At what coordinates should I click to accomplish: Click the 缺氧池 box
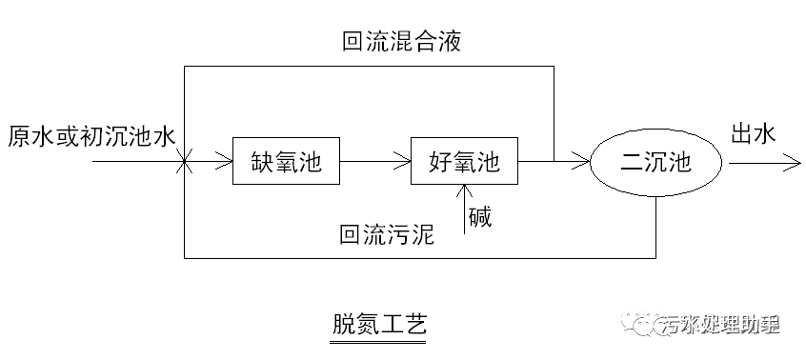point(286,162)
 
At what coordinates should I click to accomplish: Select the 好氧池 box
point(463,162)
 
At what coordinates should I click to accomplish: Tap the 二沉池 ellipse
point(655,163)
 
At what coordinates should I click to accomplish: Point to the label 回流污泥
point(387,233)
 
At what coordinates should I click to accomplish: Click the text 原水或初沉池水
point(90,135)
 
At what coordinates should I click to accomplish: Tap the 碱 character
point(479,218)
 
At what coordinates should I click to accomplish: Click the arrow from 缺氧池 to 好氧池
point(373,162)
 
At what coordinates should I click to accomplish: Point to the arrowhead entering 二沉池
point(583,162)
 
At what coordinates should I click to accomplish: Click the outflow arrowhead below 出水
point(793,163)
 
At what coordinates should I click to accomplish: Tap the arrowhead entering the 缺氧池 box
point(226,162)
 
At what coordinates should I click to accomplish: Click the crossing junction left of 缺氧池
point(184,162)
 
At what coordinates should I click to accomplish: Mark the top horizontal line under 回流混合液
point(368,66)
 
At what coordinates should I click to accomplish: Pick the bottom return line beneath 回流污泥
point(419,257)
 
